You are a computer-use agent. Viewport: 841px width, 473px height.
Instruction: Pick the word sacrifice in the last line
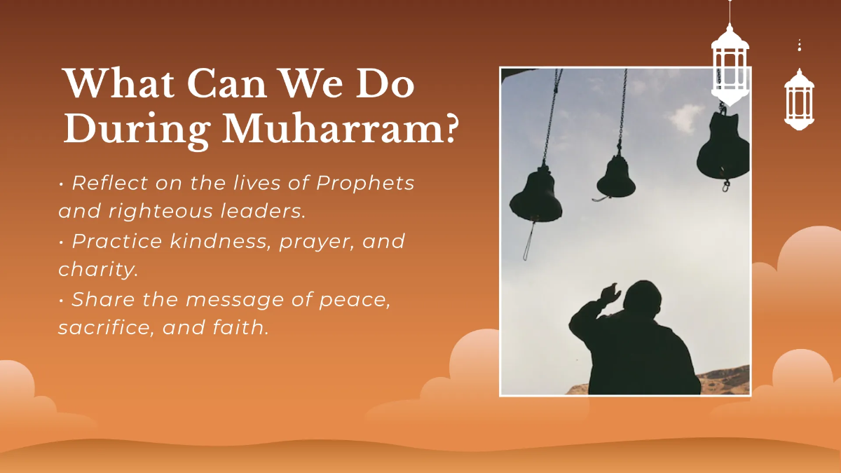tap(102, 327)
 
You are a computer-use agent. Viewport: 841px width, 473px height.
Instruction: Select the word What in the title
tap(111, 84)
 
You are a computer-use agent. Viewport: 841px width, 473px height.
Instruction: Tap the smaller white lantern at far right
tap(799, 98)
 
